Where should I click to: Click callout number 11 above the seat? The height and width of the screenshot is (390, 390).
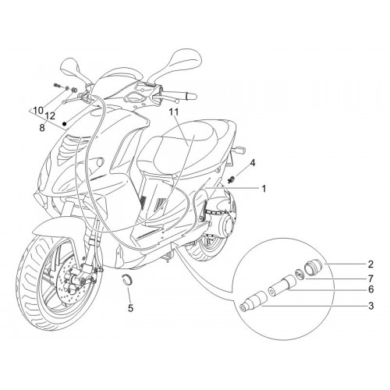pyautogui.click(x=174, y=112)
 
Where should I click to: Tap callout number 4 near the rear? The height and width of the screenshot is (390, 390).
pyautogui.click(x=252, y=163)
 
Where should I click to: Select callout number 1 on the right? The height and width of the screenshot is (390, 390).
pyautogui.click(x=264, y=189)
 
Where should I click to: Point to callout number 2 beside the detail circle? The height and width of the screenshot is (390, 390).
pyautogui.click(x=370, y=264)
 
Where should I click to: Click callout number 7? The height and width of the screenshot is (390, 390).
pyautogui.click(x=370, y=278)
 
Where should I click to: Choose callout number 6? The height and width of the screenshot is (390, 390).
pyautogui.click(x=370, y=289)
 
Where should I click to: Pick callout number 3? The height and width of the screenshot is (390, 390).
pyautogui.click(x=370, y=306)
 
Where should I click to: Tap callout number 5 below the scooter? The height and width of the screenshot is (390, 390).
pyautogui.click(x=130, y=308)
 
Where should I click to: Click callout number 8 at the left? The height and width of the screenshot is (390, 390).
pyautogui.click(x=42, y=128)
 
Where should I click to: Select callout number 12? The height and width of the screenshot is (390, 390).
pyautogui.click(x=50, y=116)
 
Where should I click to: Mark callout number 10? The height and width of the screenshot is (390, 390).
pyautogui.click(x=38, y=110)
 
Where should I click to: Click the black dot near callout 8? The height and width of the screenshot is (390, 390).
pyautogui.click(x=65, y=124)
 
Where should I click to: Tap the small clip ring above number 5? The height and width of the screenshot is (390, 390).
pyautogui.click(x=127, y=279)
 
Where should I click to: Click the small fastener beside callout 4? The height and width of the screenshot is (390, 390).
pyautogui.click(x=231, y=179)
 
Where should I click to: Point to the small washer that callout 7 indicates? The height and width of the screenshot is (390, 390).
pyautogui.click(x=300, y=275)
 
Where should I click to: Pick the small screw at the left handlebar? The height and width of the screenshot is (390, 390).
pyautogui.click(x=58, y=85)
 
